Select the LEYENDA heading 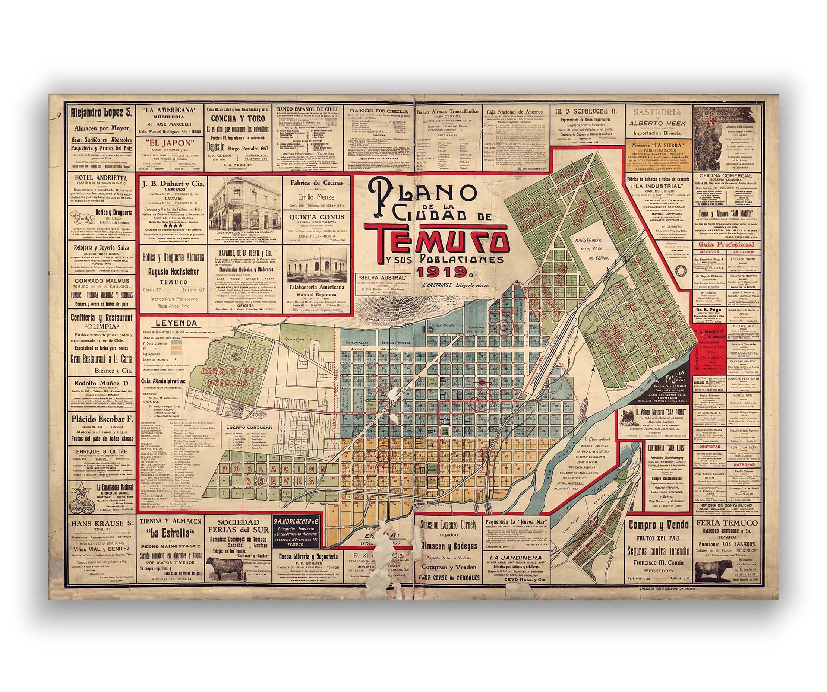171,323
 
